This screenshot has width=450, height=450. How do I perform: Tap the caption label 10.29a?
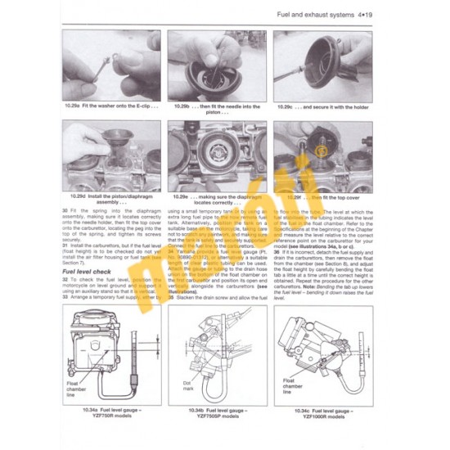75,106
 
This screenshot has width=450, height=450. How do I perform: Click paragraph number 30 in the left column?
65,211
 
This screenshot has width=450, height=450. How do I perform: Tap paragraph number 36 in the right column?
277,252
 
